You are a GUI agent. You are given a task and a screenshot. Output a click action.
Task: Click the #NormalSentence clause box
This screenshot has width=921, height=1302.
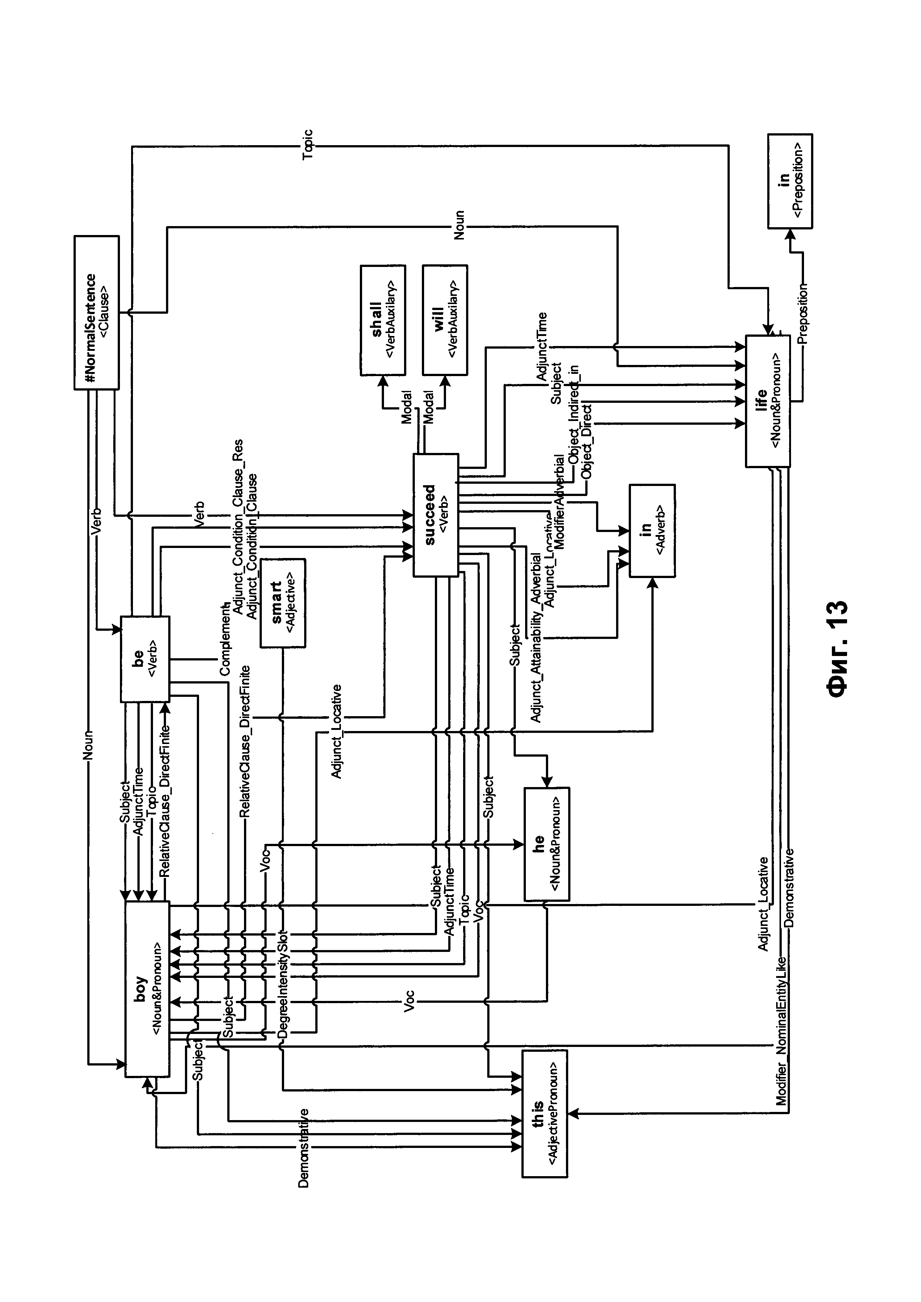click(x=97, y=313)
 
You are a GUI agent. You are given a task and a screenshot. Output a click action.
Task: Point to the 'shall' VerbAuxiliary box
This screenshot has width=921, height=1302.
click(x=383, y=320)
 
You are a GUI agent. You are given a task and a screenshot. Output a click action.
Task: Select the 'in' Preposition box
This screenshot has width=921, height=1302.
click(x=790, y=181)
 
